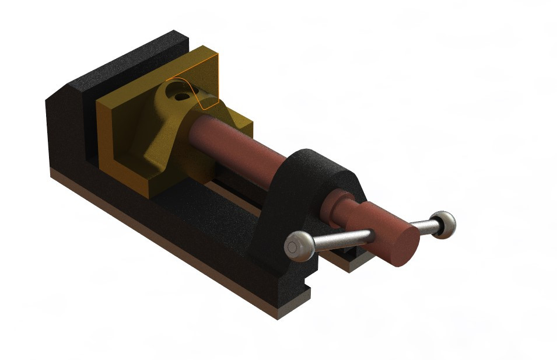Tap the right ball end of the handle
pos(446,224)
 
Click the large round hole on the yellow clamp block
pos(174,90)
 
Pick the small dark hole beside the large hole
pos(185,96)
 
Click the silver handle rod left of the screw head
pos(344,238)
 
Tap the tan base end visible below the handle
pos(350,265)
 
